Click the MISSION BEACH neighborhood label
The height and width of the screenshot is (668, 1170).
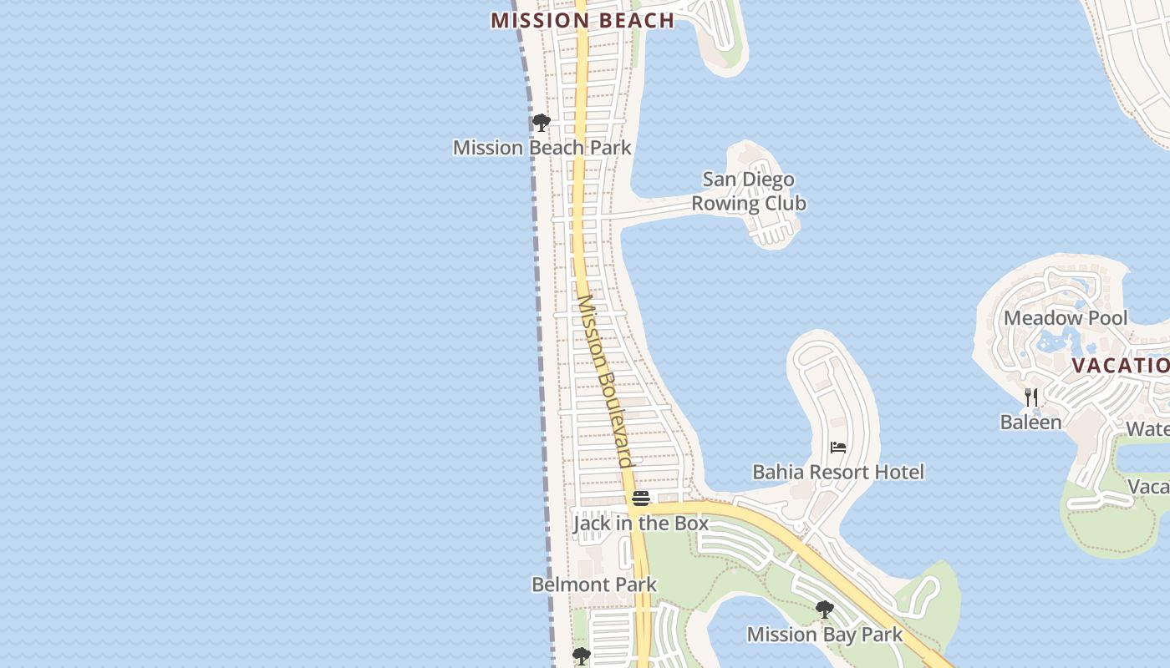(x=582, y=21)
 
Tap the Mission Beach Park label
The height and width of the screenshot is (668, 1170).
(x=542, y=148)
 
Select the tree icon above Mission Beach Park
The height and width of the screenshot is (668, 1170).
(x=542, y=124)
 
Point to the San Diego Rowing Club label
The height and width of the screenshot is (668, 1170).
(x=749, y=191)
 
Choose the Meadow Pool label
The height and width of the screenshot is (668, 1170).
(x=1066, y=318)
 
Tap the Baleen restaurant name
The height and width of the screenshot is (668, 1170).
(x=1030, y=422)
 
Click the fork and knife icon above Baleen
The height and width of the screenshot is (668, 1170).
(x=1031, y=397)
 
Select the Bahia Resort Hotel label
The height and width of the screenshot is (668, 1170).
(x=838, y=473)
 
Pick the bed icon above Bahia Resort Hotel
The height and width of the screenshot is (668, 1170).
(x=838, y=448)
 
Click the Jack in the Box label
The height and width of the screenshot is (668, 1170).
(x=641, y=524)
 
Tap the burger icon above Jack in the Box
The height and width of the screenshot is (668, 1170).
(x=641, y=498)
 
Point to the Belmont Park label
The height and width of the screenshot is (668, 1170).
(x=594, y=584)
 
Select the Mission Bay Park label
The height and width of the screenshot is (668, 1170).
(x=825, y=635)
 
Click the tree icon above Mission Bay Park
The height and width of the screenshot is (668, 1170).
(x=825, y=610)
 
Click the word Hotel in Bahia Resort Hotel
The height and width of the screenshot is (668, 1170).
(x=898, y=473)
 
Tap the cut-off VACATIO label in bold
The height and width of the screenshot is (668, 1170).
(x=1120, y=366)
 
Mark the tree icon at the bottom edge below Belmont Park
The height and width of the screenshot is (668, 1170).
(x=582, y=657)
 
